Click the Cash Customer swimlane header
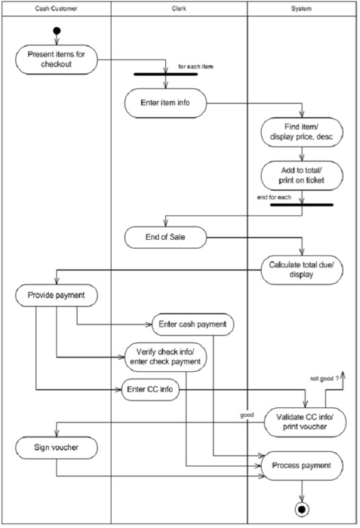click(x=56, y=8)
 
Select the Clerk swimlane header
click(x=180, y=8)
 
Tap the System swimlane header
click(x=303, y=8)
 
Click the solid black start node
click(x=56, y=31)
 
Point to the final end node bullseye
click(x=303, y=511)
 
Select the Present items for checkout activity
click(x=57, y=60)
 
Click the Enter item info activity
click(x=162, y=103)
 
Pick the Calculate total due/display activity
click(x=303, y=269)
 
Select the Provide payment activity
click(x=57, y=295)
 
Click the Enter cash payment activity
click(x=194, y=325)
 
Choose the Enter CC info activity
click(x=152, y=389)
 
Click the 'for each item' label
click(x=195, y=66)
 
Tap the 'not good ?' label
click(x=326, y=378)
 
